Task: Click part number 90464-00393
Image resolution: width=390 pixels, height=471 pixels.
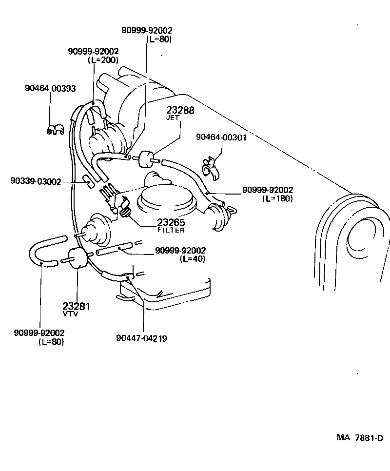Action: tap(50, 88)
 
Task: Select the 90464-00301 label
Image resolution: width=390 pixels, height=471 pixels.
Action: tap(221, 137)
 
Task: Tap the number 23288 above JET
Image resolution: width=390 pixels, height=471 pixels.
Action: tap(180, 111)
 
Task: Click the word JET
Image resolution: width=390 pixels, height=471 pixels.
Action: tap(174, 118)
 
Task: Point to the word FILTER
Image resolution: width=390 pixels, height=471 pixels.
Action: tap(171, 230)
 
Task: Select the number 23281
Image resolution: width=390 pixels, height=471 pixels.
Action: tap(77, 306)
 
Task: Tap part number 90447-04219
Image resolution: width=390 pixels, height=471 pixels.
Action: tap(142, 338)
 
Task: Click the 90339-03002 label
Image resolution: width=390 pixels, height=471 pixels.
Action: tap(36, 181)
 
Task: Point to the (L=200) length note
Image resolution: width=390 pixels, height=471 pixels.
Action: tap(103, 60)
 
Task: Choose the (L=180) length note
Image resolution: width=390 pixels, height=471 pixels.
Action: tap(277, 198)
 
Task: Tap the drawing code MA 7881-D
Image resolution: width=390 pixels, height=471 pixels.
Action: tap(359, 437)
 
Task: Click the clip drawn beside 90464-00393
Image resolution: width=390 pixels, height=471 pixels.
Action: tap(56, 130)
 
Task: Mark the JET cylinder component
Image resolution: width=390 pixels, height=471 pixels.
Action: tap(145, 158)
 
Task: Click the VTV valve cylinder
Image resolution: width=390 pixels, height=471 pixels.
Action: tap(76, 258)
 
